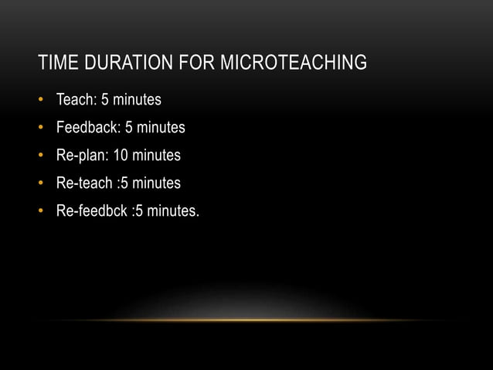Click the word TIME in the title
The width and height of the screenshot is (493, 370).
(x=55, y=63)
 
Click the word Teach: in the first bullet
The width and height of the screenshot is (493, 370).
(x=76, y=100)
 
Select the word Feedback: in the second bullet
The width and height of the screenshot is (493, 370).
(x=88, y=128)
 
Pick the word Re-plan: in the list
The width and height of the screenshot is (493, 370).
(x=82, y=156)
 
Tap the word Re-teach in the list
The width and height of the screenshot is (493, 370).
(x=85, y=183)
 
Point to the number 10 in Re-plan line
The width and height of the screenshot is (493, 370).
(x=121, y=156)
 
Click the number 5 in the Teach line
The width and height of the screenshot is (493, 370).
(x=106, y=100)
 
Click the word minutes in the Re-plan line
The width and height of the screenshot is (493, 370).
(x=156, y=156)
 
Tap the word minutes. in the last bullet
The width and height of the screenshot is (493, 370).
(x=173, y=211)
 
